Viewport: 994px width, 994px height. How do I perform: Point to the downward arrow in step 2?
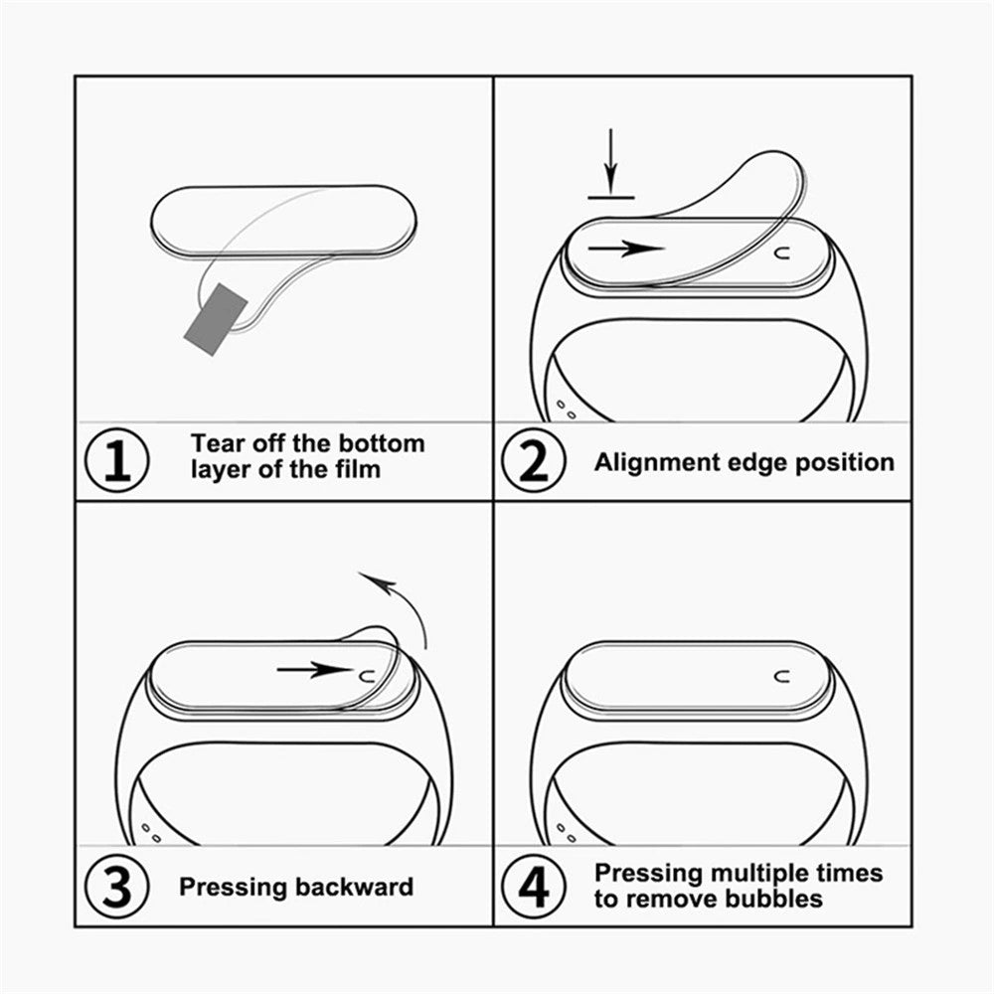[x=610, y=164]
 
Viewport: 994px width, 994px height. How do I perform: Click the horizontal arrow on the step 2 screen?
[x=625, y=248]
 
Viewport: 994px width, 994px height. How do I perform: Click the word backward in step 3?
[x=354, y=887]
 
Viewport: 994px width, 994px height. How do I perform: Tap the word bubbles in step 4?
[x=764, y=899]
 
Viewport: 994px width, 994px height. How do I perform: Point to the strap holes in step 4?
[x=566, y=829]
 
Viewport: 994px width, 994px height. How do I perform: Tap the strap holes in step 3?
[x=151, y=829]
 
